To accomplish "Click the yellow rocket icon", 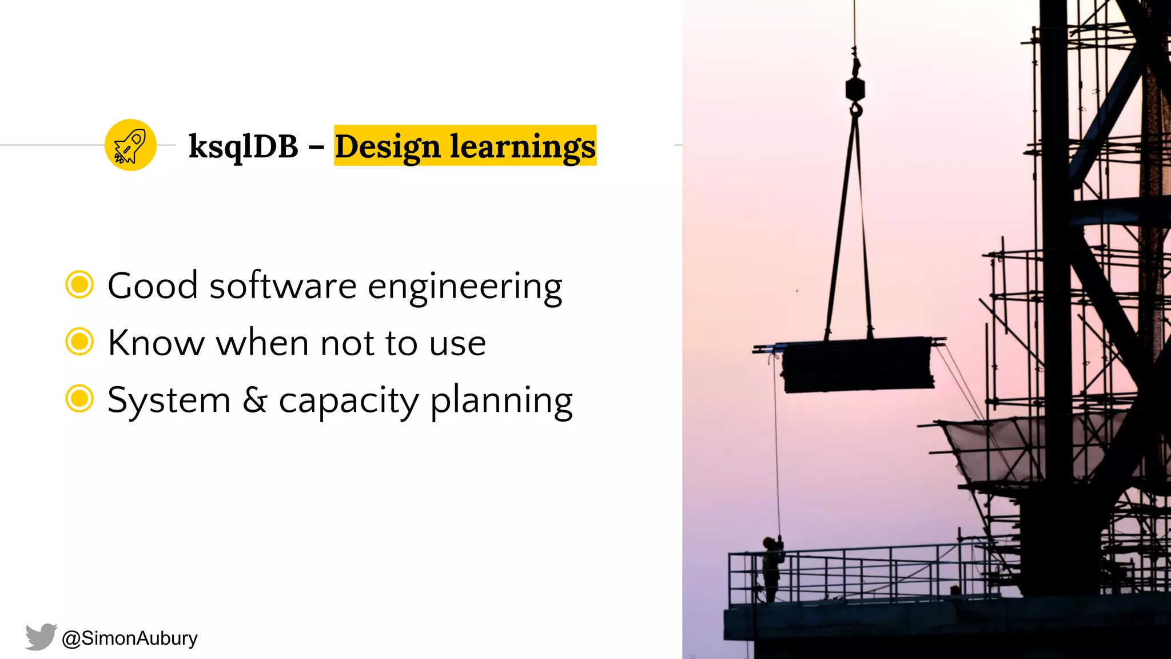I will click(130, 145).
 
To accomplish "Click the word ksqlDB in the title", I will click(244, 146).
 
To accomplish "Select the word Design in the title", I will click(387, 146).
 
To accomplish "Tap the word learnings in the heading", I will click(523, 146).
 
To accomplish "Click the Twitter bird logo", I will click(41, 637).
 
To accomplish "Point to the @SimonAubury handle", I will click(130, 638).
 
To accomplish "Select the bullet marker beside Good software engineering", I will click(79, 285).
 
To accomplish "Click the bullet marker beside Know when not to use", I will click(79, 342).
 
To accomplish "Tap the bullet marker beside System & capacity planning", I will click(79, 399).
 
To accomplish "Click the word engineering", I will click(465, 286).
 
